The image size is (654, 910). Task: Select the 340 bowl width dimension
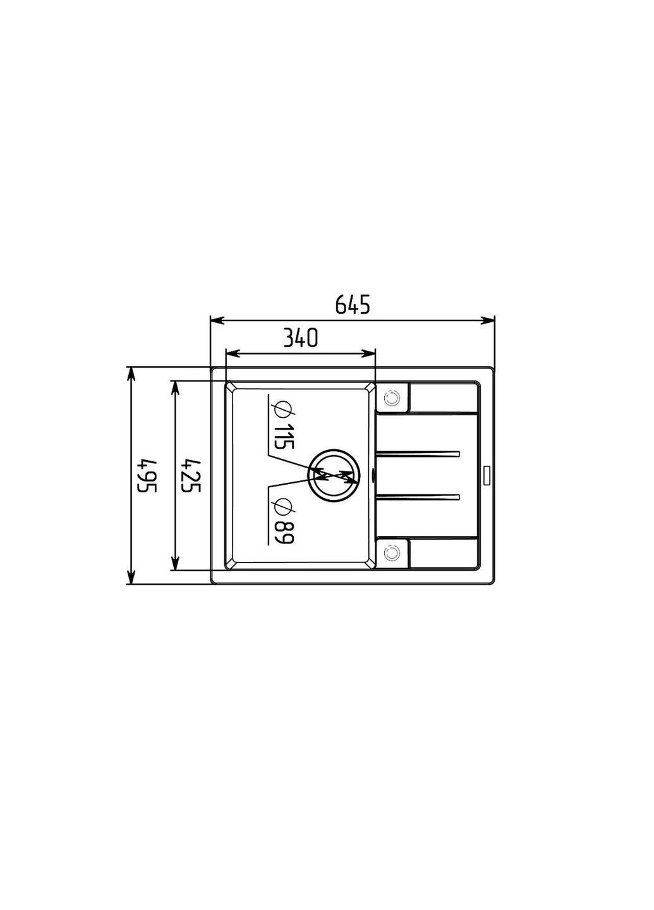300,338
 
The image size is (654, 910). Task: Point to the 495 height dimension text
147,476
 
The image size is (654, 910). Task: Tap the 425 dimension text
191,476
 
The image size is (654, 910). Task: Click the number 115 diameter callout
284,437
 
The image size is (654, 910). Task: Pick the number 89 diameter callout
284,533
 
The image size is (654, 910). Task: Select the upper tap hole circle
392,397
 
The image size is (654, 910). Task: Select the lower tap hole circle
392,552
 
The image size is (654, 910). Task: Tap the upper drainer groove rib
418,453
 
